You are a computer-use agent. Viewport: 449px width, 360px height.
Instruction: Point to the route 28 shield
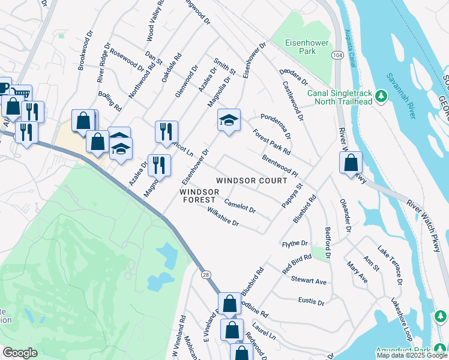coord(205,274)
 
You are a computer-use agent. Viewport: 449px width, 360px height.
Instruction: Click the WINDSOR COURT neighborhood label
coord(252,180)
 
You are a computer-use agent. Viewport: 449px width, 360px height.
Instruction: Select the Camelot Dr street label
coord(240,207)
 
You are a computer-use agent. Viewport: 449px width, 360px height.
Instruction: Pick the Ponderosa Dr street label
coord(275,124)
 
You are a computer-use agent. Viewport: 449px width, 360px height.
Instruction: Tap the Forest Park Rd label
coord(271,142)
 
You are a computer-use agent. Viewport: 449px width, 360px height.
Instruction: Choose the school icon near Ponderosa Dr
coord(228,121)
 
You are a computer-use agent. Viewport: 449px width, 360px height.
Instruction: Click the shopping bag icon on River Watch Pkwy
coord(351,163)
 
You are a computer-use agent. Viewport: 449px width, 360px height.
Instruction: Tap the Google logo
coord(20,353)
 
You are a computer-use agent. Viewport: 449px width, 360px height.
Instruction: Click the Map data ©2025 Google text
coord(412,355)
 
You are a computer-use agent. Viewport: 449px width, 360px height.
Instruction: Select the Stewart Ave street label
coord(309,280)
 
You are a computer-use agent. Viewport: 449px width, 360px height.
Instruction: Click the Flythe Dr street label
coord(295,244)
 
